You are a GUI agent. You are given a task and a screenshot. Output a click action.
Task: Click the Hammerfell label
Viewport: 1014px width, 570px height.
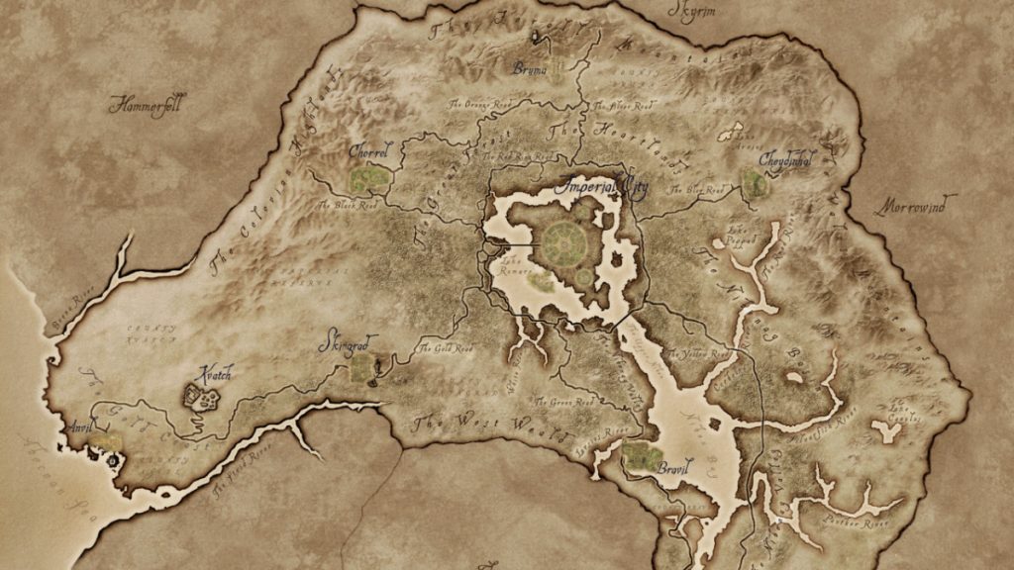(148, 103)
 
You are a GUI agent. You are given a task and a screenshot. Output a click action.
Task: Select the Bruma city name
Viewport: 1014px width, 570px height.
(530, 68)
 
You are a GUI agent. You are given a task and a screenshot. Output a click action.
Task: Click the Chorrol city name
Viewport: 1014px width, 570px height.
(369, 152)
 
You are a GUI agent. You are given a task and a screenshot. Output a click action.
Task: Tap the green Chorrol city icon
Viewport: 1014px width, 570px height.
(368, 179)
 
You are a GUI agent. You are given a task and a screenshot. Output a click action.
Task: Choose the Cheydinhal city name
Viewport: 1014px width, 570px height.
(787, 158)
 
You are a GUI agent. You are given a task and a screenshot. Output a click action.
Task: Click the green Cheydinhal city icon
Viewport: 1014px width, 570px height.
(755, 183)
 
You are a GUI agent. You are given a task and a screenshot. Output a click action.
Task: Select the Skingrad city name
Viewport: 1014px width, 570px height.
(344, 342)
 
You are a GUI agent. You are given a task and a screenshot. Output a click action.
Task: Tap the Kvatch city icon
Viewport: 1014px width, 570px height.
(202, 399)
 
